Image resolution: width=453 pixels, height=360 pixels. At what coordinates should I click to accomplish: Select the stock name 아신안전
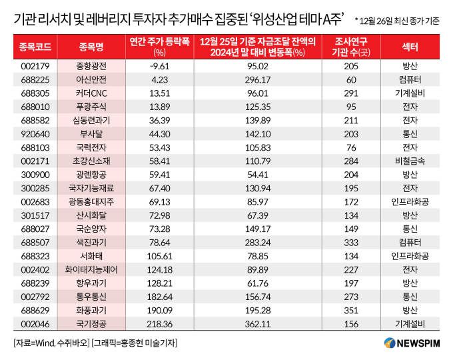(x=91, y=79)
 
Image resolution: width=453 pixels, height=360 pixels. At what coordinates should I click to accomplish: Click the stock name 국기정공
(x=91, y=323)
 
